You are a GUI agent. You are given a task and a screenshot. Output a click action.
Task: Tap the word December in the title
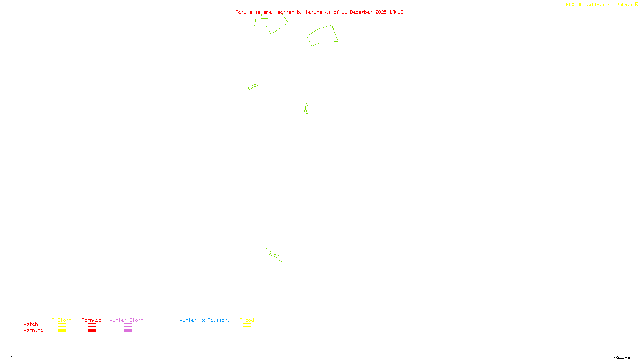361,12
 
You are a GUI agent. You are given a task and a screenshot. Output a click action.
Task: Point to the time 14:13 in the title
396,12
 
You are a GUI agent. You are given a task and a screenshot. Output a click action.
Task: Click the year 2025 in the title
381,12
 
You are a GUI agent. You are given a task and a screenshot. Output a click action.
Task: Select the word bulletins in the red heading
310,12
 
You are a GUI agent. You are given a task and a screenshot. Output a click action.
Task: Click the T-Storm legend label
62,320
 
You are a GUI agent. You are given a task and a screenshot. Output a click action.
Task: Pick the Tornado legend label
92,320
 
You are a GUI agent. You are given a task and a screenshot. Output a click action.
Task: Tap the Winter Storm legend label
126,320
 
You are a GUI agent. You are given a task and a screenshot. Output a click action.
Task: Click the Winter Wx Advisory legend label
205,320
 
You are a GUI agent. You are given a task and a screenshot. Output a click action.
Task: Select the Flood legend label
247,320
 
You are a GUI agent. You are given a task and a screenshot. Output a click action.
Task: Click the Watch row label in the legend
31,324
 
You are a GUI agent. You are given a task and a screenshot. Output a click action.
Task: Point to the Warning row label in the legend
33,330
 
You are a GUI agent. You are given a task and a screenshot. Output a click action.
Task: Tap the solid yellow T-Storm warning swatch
62,331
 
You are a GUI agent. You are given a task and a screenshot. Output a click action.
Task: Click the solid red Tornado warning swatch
92,331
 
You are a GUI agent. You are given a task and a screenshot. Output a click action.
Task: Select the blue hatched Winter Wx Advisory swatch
204,331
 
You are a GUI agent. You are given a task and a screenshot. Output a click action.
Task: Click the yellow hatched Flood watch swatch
247,325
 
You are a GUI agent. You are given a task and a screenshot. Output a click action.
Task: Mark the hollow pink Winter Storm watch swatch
128,325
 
